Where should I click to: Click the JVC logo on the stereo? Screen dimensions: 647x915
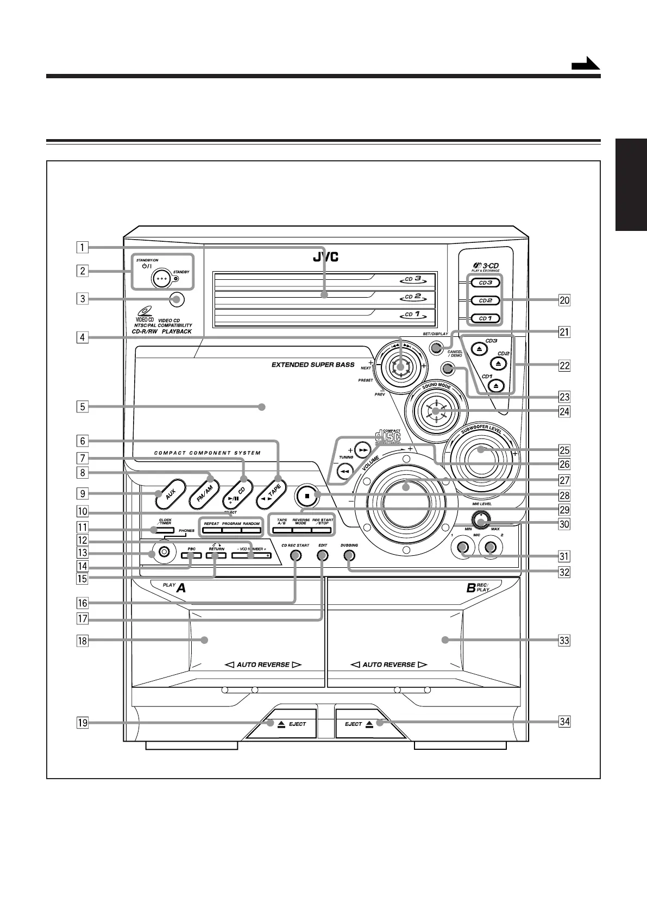tap(325, 257)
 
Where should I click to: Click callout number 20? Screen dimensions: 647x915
tap(564, 300)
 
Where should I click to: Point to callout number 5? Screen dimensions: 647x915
tap(82, 406)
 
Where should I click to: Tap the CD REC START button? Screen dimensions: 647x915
tap(295, 556)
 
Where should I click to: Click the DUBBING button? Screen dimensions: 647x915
tap(349, 556)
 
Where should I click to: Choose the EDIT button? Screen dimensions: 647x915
tap(323, 556)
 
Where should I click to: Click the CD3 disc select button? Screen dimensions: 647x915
tap(481, 283)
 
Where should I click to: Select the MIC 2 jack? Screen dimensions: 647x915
tap(491, 548)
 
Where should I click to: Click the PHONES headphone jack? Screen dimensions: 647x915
tap(164, 553)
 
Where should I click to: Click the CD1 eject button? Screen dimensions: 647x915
tap(497, 385)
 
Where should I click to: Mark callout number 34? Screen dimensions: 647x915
tap(564, 722)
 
